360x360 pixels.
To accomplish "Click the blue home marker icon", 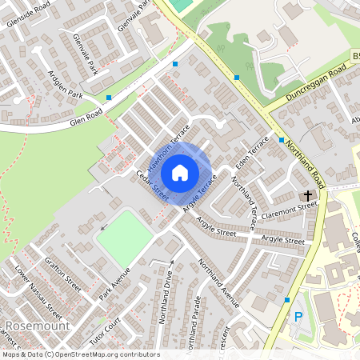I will (x=180, y=173).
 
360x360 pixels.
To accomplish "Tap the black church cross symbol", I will (x=306, y=195).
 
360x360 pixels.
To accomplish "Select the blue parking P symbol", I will (x=298, y=318).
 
